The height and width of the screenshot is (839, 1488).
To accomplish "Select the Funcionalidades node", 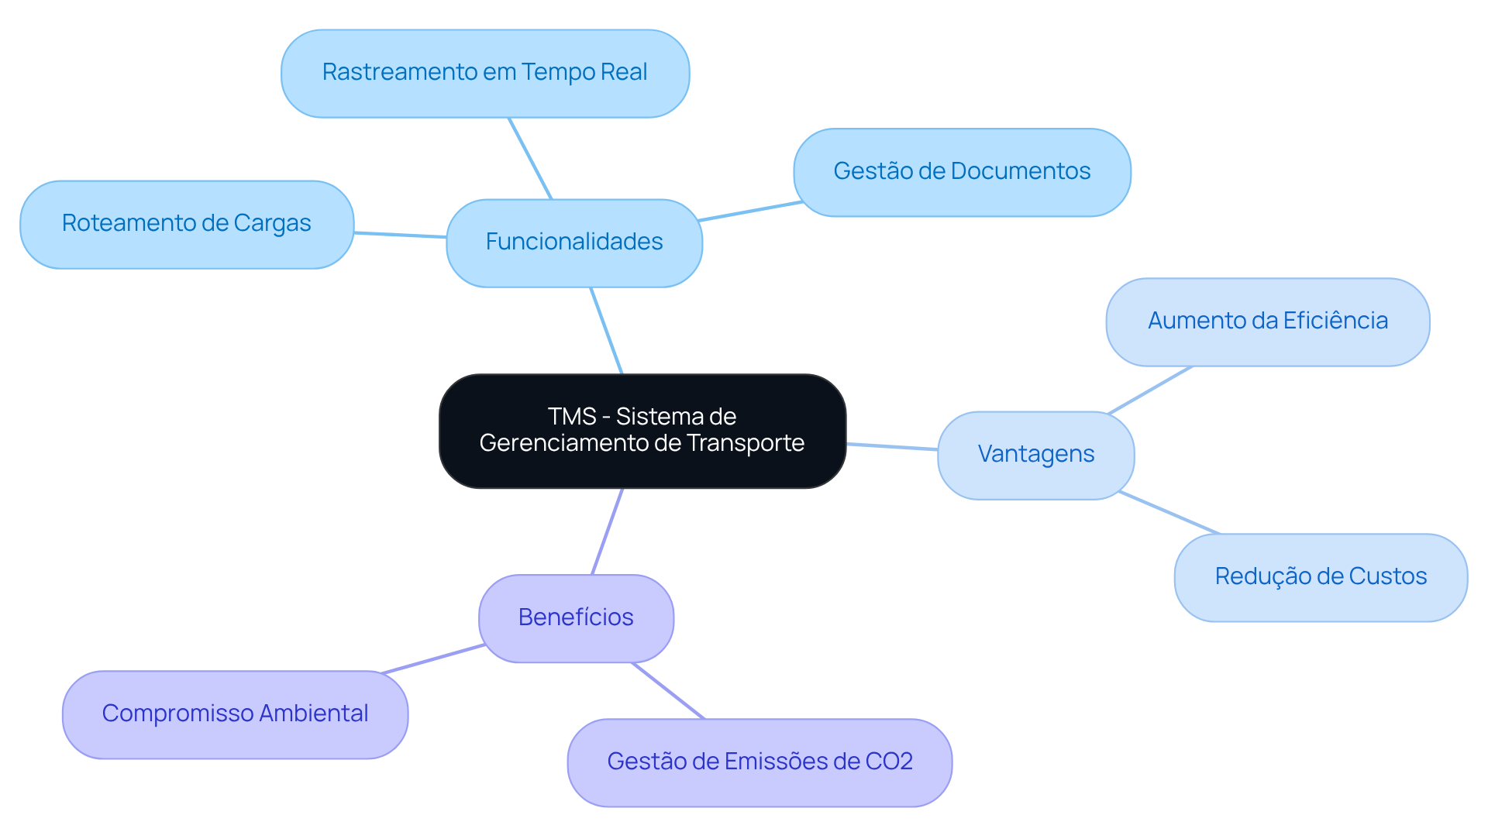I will coord(573,242).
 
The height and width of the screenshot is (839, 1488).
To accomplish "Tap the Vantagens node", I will coord(1035,455).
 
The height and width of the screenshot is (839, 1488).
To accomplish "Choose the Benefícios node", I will coord(576,617).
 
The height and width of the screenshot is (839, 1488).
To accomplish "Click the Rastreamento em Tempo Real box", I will coord(484,73).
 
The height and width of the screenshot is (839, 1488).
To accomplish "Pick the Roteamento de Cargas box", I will coord(186,224).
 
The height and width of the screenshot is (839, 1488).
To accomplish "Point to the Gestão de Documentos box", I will coord(961,171).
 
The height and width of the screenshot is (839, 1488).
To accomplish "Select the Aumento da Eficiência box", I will coord(1267,321).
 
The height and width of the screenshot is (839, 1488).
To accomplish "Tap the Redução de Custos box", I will coord(1320,576).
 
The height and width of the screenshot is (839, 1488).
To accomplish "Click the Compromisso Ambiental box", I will coord(235,713).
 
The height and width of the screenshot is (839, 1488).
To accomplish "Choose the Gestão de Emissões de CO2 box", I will coord(759,762).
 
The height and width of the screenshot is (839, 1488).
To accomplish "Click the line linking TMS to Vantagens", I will coord(891,446).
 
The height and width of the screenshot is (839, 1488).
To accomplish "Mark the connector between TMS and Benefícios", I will coord(607,531).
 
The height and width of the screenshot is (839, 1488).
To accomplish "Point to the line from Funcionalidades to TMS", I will coord(606,330).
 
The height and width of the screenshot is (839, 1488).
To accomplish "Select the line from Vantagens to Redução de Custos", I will coord(1169,512).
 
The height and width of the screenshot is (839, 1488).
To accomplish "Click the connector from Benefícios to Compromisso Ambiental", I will coord(432,658).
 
